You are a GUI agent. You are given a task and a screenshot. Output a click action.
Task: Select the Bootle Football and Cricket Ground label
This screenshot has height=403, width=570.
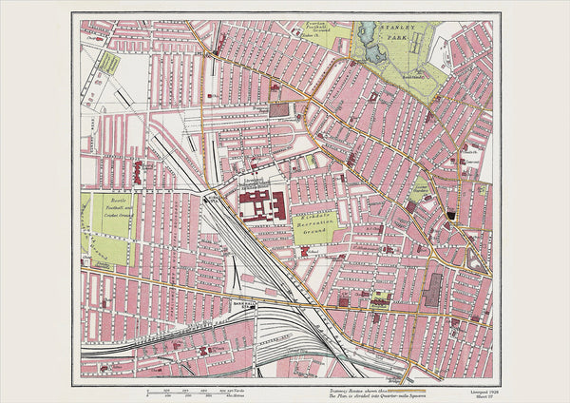pos(107,205)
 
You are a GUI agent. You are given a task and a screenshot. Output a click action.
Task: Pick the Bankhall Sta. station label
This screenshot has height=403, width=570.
pos(243,305)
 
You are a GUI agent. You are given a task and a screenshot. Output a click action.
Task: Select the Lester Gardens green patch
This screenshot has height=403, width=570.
pos(421,186)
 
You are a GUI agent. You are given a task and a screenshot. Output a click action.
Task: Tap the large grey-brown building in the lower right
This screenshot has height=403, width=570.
pos(432,289)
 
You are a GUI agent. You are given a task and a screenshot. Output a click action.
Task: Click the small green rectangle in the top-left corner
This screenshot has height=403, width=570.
pos(109,64)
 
